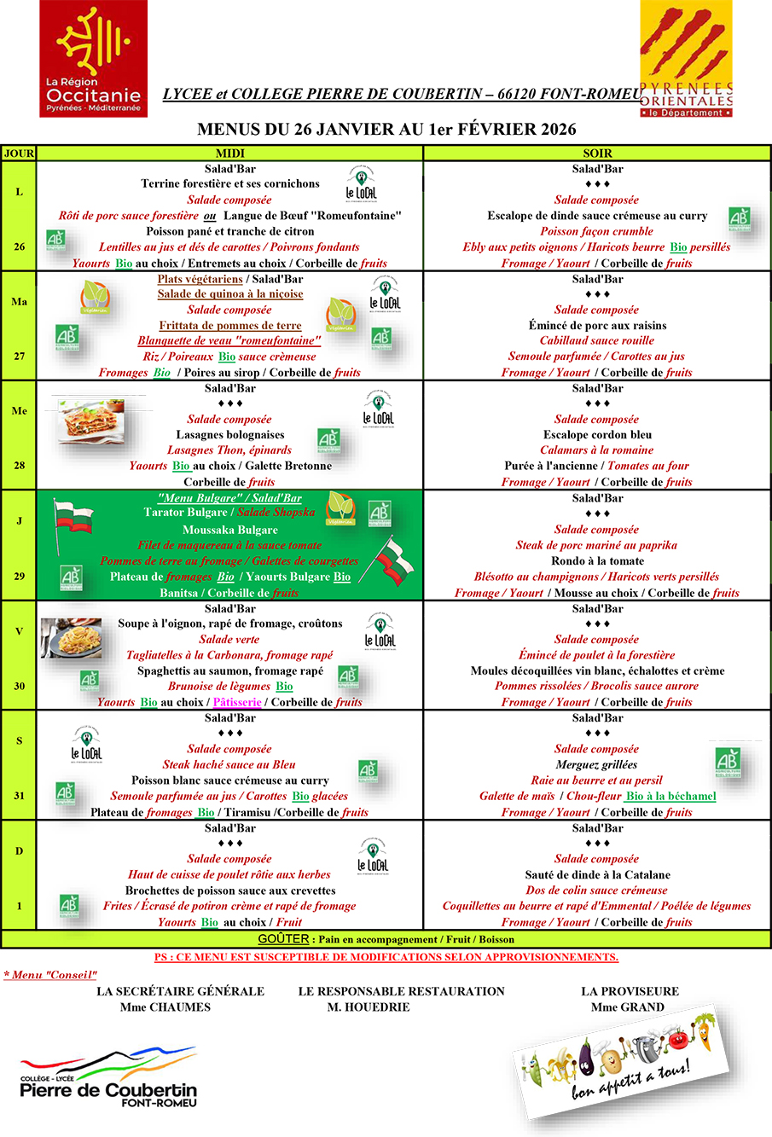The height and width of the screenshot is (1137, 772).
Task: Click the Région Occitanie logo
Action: (93, 58)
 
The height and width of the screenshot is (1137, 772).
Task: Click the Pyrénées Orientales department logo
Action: (687, 58)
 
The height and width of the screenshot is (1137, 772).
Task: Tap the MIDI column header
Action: (230, 154)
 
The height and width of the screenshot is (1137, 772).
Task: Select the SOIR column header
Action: (597, 154)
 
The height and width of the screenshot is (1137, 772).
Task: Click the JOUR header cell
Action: (19, 154)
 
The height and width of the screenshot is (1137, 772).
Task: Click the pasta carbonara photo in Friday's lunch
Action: (72, 638)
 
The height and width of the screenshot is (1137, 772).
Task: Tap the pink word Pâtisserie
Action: (237, 702)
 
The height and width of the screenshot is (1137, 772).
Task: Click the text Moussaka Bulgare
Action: (230, 530)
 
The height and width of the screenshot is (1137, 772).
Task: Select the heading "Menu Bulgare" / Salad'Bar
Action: (230, 498)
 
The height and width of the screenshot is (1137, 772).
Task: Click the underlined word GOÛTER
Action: (283, 939)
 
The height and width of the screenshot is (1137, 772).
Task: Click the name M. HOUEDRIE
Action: (369, 1007)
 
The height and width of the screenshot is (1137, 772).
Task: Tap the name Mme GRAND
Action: (628, 1007)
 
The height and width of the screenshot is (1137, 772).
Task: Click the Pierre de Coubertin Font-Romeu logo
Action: (108, 1078)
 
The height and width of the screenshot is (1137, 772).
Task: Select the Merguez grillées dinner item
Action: (596, 765)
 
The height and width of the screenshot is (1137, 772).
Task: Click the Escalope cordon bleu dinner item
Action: (597, 435)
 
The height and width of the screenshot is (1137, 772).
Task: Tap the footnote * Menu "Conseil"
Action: (51, 975)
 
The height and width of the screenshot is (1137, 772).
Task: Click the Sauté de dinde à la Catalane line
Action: (597, 875)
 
